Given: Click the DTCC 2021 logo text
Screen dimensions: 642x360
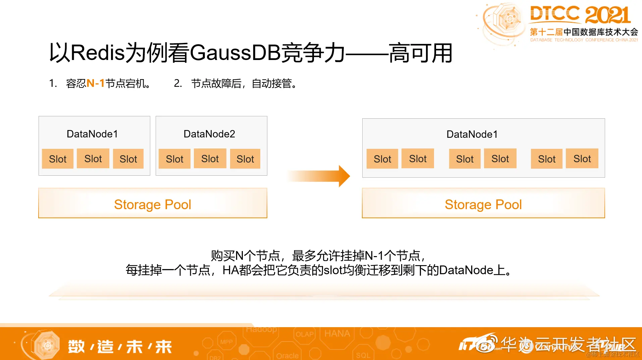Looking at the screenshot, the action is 580,15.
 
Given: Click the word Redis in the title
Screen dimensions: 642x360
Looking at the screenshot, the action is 98,53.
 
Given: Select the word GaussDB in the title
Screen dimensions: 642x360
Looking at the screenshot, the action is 235,53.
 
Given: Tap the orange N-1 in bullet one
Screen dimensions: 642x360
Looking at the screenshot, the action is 96,83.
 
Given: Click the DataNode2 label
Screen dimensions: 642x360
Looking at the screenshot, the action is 209,134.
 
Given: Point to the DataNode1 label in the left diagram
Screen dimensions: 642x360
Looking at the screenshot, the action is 92,134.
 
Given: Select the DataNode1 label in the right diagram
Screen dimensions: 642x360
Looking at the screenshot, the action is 472,134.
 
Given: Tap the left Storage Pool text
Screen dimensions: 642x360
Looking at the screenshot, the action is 153,204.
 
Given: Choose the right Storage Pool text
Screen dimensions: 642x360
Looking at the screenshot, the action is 483,204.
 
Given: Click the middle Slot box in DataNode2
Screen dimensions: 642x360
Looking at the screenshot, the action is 210,159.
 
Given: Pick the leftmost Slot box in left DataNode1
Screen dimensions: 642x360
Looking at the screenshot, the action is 58,159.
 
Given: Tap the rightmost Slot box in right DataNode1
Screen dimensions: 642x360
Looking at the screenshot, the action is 582,159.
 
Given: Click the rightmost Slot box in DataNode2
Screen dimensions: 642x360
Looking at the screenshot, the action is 245,159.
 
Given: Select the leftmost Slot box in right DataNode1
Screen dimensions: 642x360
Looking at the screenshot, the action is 382,159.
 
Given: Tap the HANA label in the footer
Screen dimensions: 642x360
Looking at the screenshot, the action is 337,334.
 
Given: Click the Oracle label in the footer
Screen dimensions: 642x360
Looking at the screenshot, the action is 287,355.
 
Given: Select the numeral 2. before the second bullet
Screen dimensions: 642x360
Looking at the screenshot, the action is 178,83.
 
